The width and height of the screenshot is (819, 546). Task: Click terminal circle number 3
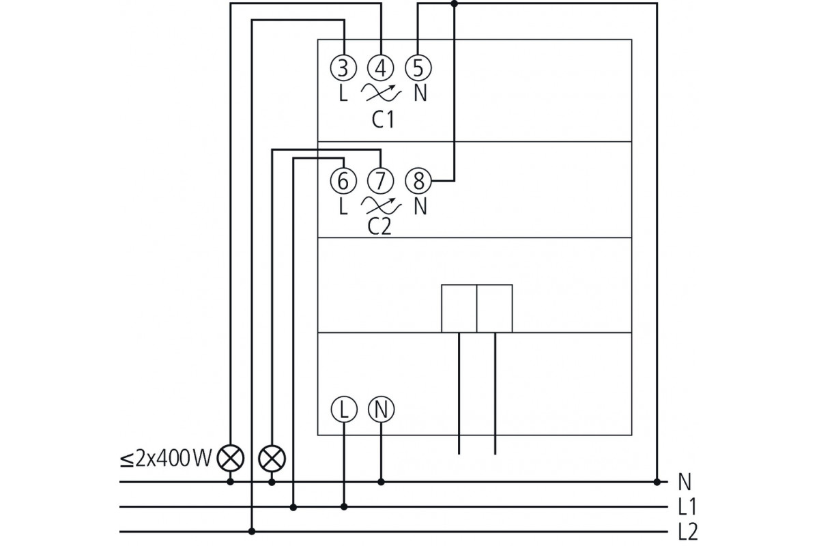click(343, 68)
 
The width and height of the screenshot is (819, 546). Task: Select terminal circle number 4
click(381, 68)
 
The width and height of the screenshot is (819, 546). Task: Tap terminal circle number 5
click(418, 68)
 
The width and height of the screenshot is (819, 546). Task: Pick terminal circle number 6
click(343, 181)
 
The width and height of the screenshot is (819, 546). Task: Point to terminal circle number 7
click(381, 181)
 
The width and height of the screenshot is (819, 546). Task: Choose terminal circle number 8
click(418, 181)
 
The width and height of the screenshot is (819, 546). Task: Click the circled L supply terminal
click(344, 409)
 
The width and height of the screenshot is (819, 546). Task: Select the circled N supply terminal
click(381, 409)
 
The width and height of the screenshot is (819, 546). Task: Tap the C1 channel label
click(383, 119)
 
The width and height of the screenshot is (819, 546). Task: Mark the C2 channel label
click(379, 227)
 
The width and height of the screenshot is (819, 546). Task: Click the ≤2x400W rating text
click(166, 458)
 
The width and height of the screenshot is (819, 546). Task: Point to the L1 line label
click(687, 507)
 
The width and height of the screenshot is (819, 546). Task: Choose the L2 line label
click(688, 532)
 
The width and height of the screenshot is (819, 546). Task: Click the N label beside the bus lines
click(685, 482)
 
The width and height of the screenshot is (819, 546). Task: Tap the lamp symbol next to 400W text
click(231, 458)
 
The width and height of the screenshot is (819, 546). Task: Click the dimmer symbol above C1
click(381, 93)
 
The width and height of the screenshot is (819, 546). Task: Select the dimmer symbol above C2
click(381, 205)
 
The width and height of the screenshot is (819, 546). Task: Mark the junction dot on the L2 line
click(252, 532)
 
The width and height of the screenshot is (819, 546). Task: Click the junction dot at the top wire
click(454, 3)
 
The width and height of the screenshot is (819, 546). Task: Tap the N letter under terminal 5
click(420, 93)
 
